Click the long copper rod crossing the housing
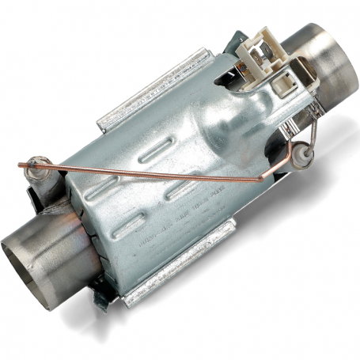tap(158, 174)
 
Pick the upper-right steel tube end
tap(328, 55)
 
